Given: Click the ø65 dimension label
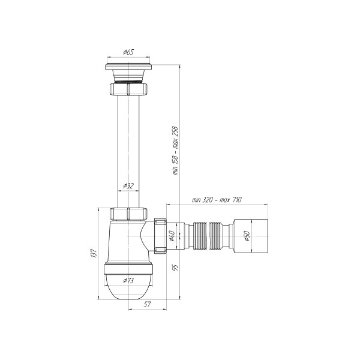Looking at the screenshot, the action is [128, 52].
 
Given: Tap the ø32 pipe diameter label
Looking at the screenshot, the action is [128, 185].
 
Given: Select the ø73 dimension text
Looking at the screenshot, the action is [128, 280].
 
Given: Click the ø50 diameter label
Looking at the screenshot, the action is [247, 236].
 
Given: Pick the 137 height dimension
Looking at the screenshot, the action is [94, 253].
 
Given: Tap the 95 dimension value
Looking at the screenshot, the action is [175, 268].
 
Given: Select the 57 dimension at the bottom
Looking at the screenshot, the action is [147, 304].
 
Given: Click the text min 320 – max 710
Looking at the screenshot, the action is [217, 200].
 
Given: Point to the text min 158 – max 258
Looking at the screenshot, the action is [175, 151].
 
